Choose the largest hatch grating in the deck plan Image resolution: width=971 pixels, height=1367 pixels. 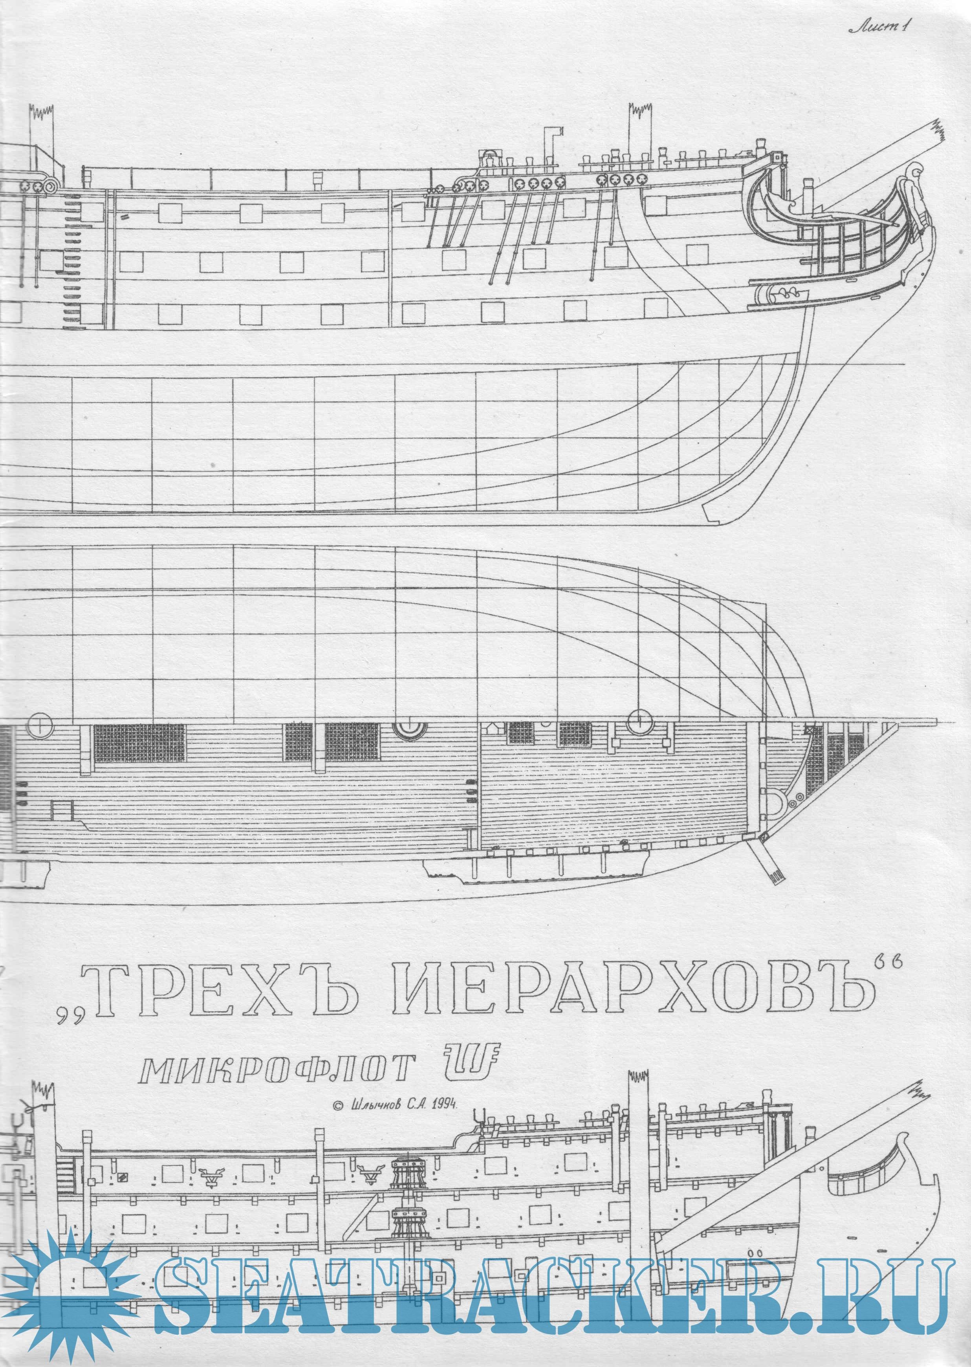click(x=139, y=744)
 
